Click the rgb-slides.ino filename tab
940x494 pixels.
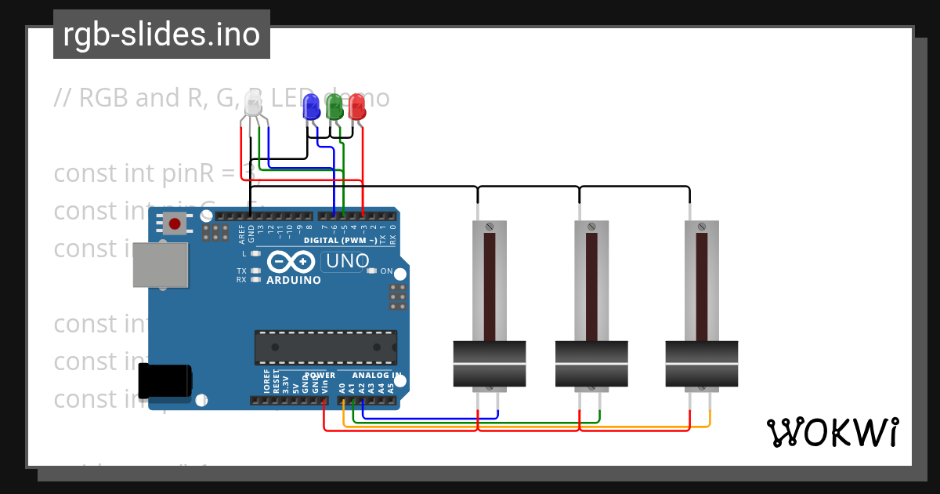click(161, 35)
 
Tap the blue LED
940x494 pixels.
click(312, 107)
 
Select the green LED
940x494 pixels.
click(334, 107)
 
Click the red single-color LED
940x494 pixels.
click(357, 107)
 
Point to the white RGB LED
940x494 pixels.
click(253, 104)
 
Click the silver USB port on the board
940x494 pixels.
click(161, 264)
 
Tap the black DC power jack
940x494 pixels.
click(164, 381)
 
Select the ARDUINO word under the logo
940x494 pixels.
click(294, 280)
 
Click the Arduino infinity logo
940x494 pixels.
click(293, 261)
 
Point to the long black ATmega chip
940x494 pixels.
click(325, 347)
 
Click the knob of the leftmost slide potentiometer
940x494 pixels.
click(490, 364)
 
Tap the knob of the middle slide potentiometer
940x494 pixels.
click(591, 364)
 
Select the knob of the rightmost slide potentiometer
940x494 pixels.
click(701, 364)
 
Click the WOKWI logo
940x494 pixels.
click(832, 431)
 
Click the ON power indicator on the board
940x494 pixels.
click(385, 271)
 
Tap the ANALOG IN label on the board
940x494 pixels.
click(377, 376)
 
